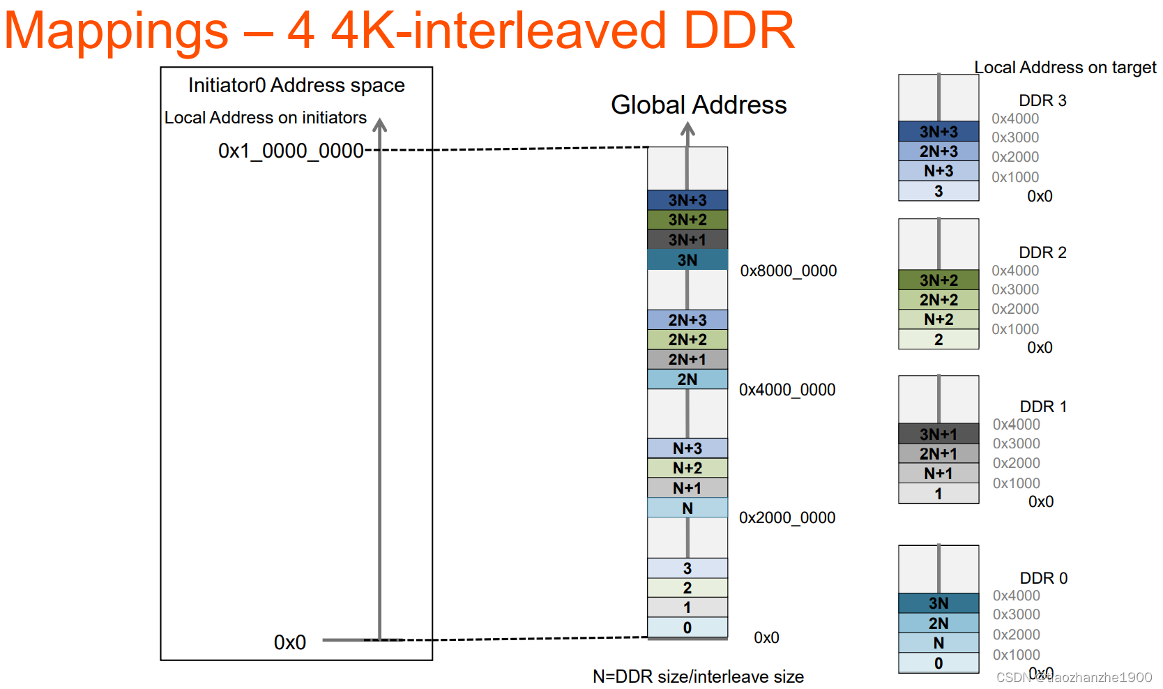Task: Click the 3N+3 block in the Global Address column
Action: point(687,200)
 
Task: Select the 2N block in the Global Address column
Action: point(687,379)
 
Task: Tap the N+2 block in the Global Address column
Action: point(687,468)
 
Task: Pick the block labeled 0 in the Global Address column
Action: point(687,628)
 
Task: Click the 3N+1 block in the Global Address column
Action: point(687,240)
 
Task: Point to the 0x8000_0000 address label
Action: point(788,271)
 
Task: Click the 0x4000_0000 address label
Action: point(786,390)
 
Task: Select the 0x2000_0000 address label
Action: point(786,517)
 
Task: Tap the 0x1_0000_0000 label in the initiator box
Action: point(291,151)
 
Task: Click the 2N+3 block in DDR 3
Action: point(938,151)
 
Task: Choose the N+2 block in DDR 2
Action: point(938,319)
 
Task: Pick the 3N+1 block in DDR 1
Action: point(938,434)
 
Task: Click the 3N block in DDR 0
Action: point(938,603)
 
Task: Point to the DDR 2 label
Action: point(1042,252)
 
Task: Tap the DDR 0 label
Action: point(1043,578)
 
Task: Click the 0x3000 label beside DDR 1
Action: point(1016,444)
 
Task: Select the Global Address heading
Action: point(699,105)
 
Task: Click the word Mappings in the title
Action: point(116,31)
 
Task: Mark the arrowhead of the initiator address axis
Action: point(379,125)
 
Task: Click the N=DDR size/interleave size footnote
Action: point(698,676)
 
